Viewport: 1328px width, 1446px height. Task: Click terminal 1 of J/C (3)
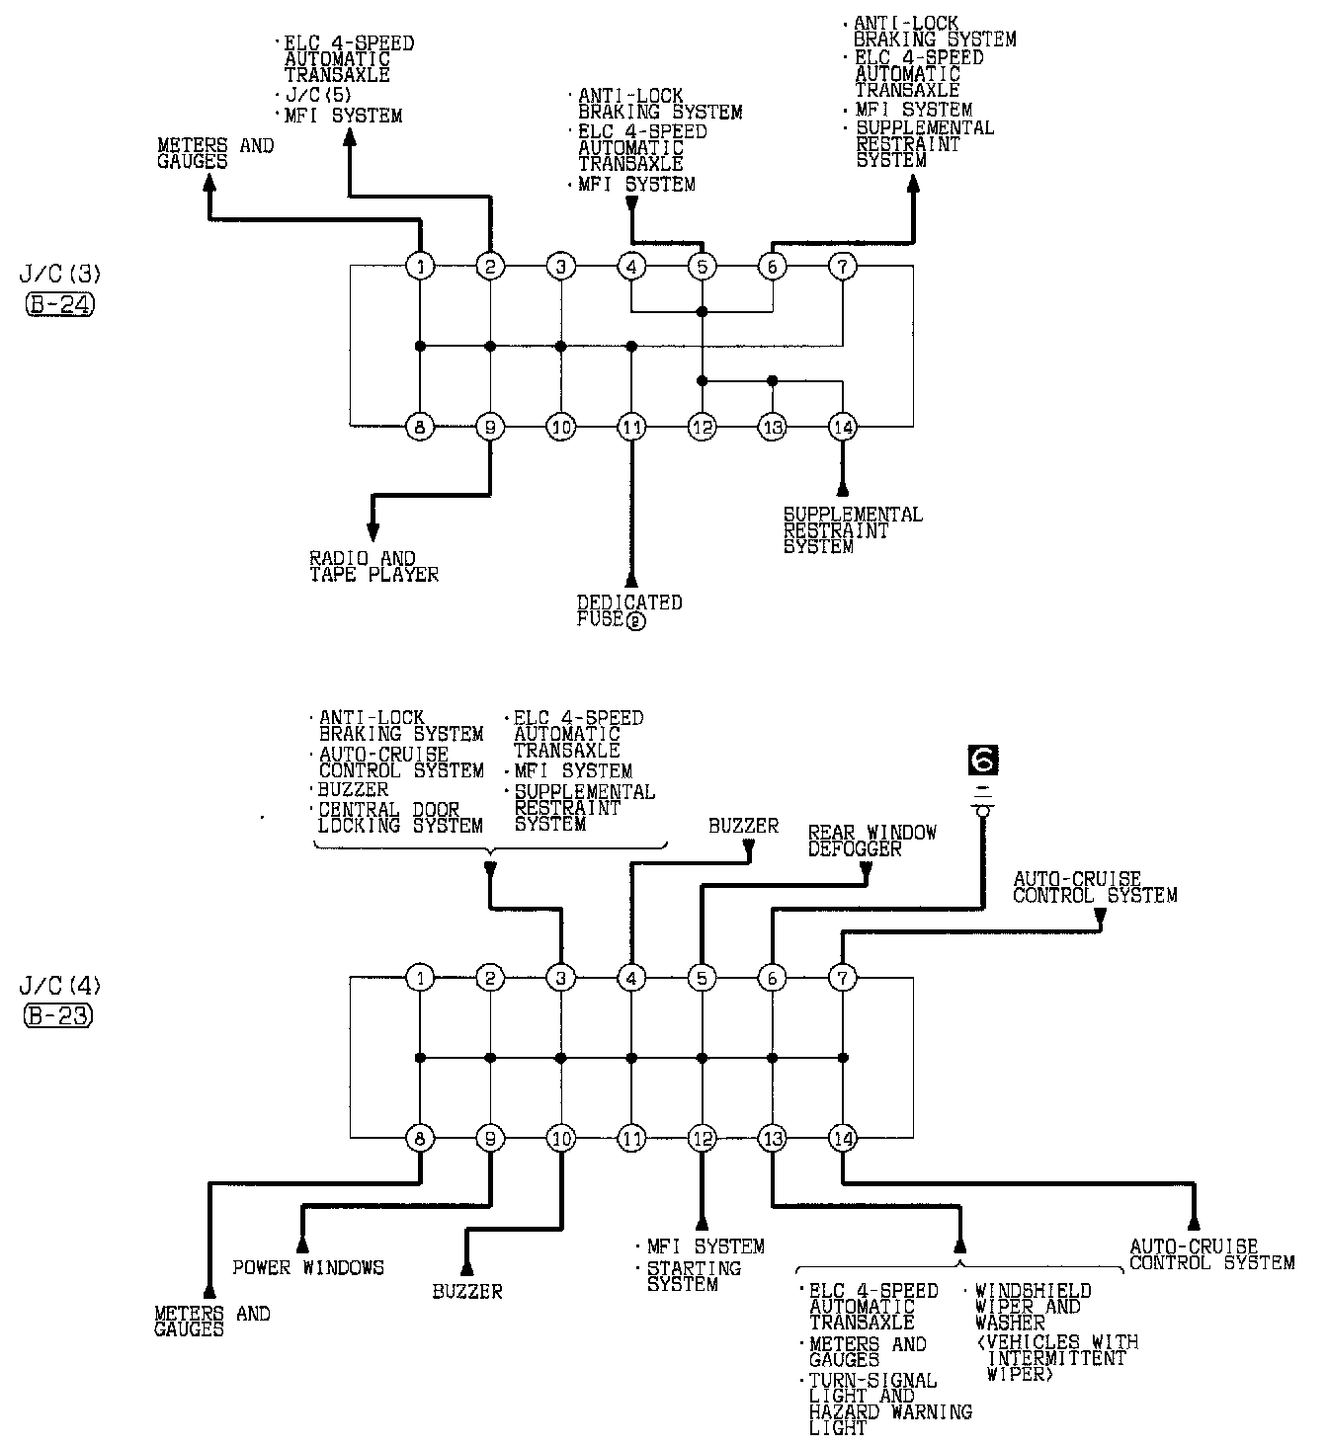click(421, 266)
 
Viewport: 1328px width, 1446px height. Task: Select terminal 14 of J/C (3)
click(842, 428)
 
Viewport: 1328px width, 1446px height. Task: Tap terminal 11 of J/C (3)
click(630, 428)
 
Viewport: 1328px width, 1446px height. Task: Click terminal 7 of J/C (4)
click(842, 978)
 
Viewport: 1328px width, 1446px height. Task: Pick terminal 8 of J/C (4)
click(421, 1139)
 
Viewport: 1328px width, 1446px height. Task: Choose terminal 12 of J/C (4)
click(702, 1139)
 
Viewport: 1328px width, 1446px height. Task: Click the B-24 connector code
click(58, 305)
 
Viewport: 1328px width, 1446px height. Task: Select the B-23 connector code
click(58, 1016)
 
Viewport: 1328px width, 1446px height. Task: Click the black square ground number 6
click(983, 760)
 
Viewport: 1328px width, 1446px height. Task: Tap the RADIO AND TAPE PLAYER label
click(373, 566)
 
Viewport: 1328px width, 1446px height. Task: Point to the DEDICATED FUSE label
click(629, 610)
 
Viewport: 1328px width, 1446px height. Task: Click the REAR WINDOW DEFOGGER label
click(871, 841)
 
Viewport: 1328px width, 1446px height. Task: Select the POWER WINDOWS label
click(308, 1267)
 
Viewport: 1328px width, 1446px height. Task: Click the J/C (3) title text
click(59, 273)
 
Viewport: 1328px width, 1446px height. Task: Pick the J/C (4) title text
click(59, 985)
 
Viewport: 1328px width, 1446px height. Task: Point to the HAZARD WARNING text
click(890, 1412)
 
